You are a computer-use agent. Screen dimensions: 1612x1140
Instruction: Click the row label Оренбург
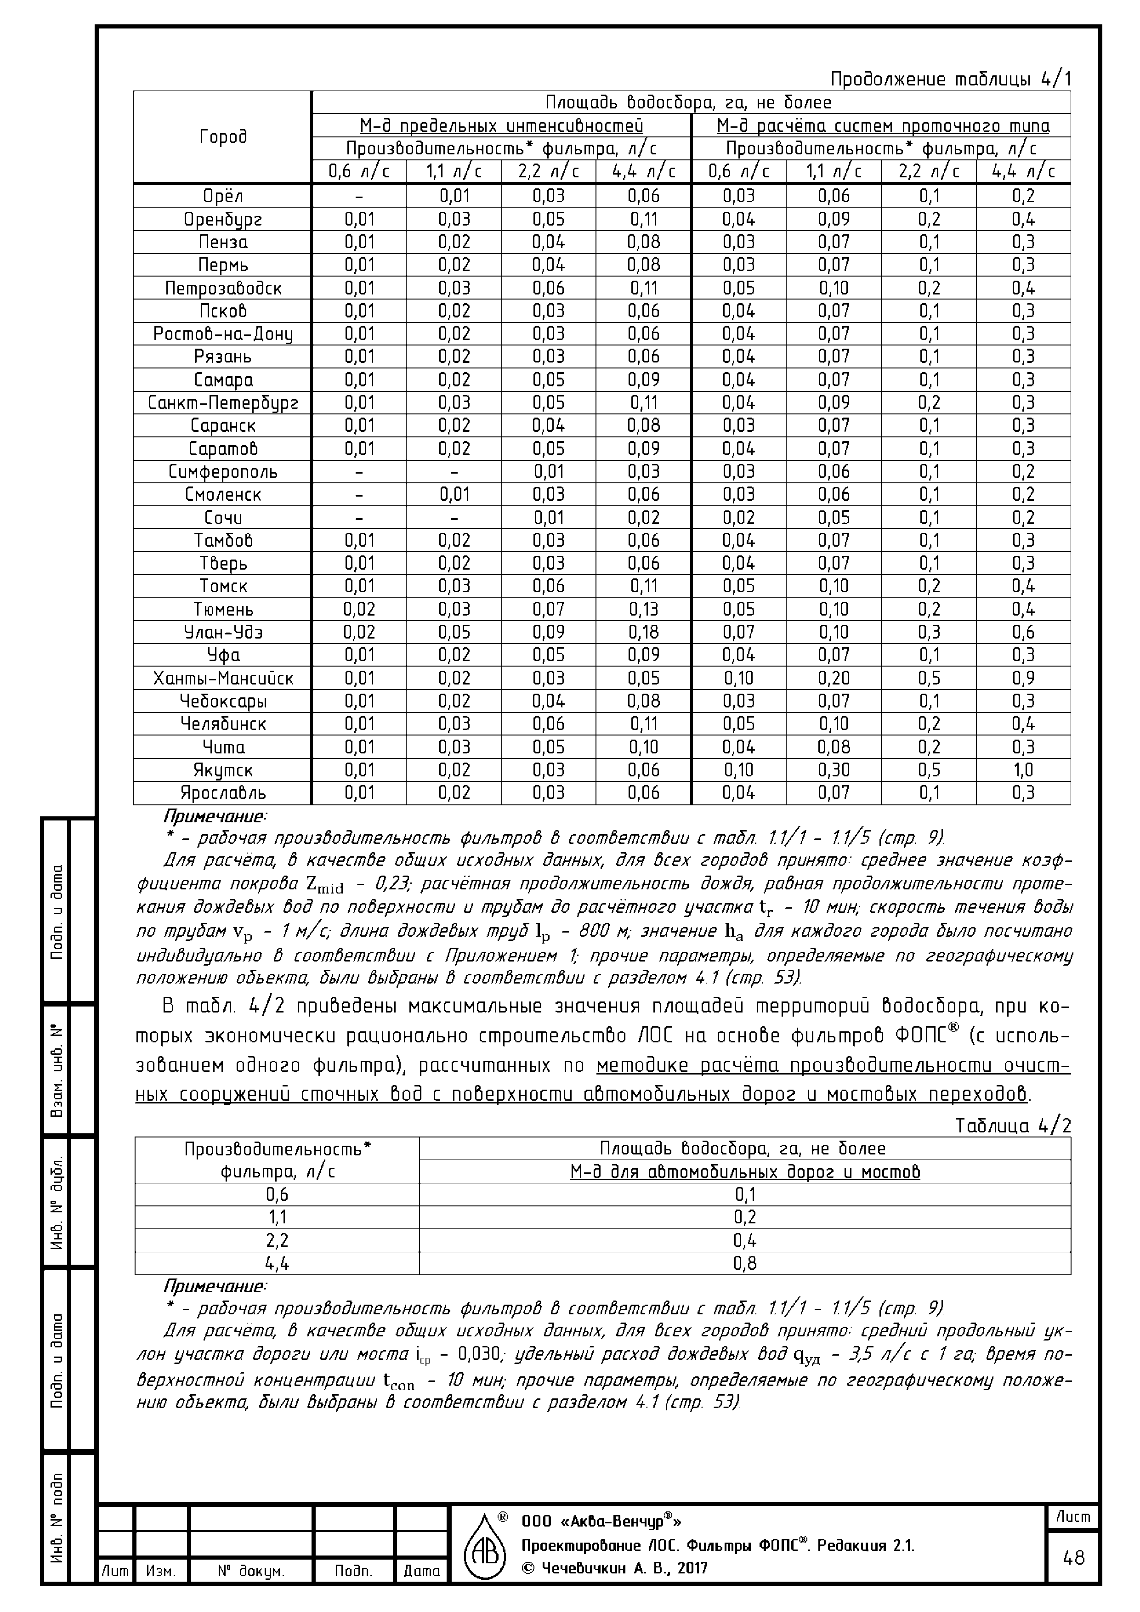[223, 220]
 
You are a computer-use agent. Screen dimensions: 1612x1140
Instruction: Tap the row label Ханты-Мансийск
[223, 678]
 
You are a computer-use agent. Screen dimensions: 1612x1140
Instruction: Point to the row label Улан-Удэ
[223, 632]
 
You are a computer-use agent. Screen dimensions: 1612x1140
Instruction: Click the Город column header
[223, 137]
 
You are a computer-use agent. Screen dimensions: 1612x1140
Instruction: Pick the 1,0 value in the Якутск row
[1023, 770]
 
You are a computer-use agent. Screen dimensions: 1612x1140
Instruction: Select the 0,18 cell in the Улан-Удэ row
[643, 632]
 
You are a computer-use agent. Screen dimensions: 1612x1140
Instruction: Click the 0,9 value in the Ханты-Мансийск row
[1023, 678]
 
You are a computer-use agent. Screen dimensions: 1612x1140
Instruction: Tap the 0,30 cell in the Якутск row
[834, 770]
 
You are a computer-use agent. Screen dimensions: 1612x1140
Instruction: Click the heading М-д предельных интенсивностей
[501, 126]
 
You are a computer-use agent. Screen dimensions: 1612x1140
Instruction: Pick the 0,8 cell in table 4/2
[744, 1264]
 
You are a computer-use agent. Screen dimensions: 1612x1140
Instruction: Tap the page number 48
[1074, 1558]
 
